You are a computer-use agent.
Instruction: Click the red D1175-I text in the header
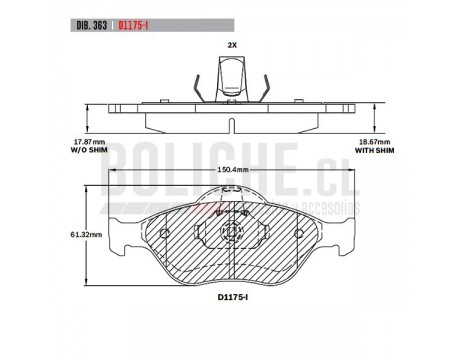(133, 26)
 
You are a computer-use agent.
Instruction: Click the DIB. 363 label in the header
(92, 26)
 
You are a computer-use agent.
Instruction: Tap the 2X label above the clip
(232, 45)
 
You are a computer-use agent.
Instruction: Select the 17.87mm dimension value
(89, 142)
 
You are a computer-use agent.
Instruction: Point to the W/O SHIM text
(89, 150)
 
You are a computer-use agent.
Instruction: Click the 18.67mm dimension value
(375, 142)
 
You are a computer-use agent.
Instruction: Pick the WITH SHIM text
(375, 150)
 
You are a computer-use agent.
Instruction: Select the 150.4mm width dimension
(233, 169)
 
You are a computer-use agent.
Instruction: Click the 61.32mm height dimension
(86, 235)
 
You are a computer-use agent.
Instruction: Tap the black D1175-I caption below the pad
(233, 297)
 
